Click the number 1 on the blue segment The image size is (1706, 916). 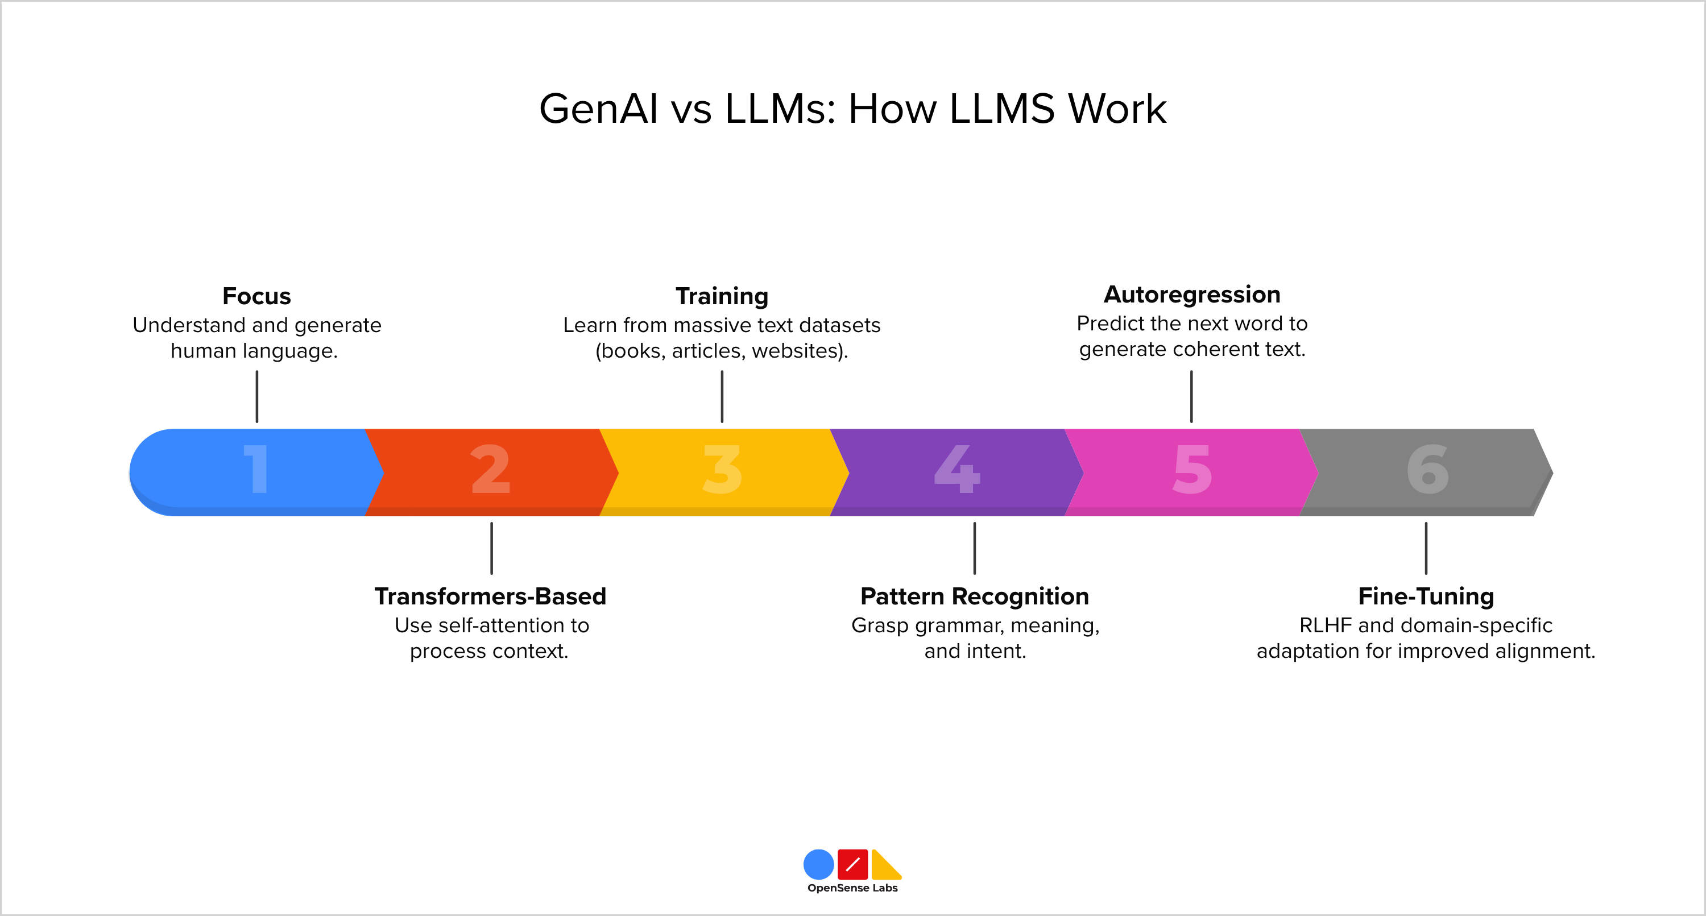(x=256, y=469)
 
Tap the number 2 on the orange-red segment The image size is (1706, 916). (x=490, y=469)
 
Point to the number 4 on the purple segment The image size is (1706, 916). (x=957, y=469)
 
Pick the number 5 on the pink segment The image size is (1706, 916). (x=1192, y=469)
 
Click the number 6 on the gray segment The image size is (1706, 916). (x=1427, y=469)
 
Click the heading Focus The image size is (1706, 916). (x=256, y=296)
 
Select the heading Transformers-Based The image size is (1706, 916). (x=490, y=596)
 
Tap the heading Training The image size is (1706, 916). (x=722, y=296)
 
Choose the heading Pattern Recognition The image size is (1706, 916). (x=974, y=596)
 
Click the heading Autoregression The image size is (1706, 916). (x=1191, y=294)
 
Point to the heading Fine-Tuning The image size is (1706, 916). (x=1426, y=596)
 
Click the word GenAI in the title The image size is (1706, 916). (x=598, y=109)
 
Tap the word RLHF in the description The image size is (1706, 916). (x=1324, y=625)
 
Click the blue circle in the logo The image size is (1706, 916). (x=818, y=864)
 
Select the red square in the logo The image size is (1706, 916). (x=852, y=864)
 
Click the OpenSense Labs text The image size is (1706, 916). (x=852, y=888)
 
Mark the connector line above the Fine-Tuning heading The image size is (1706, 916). (x=1426, y=549)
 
